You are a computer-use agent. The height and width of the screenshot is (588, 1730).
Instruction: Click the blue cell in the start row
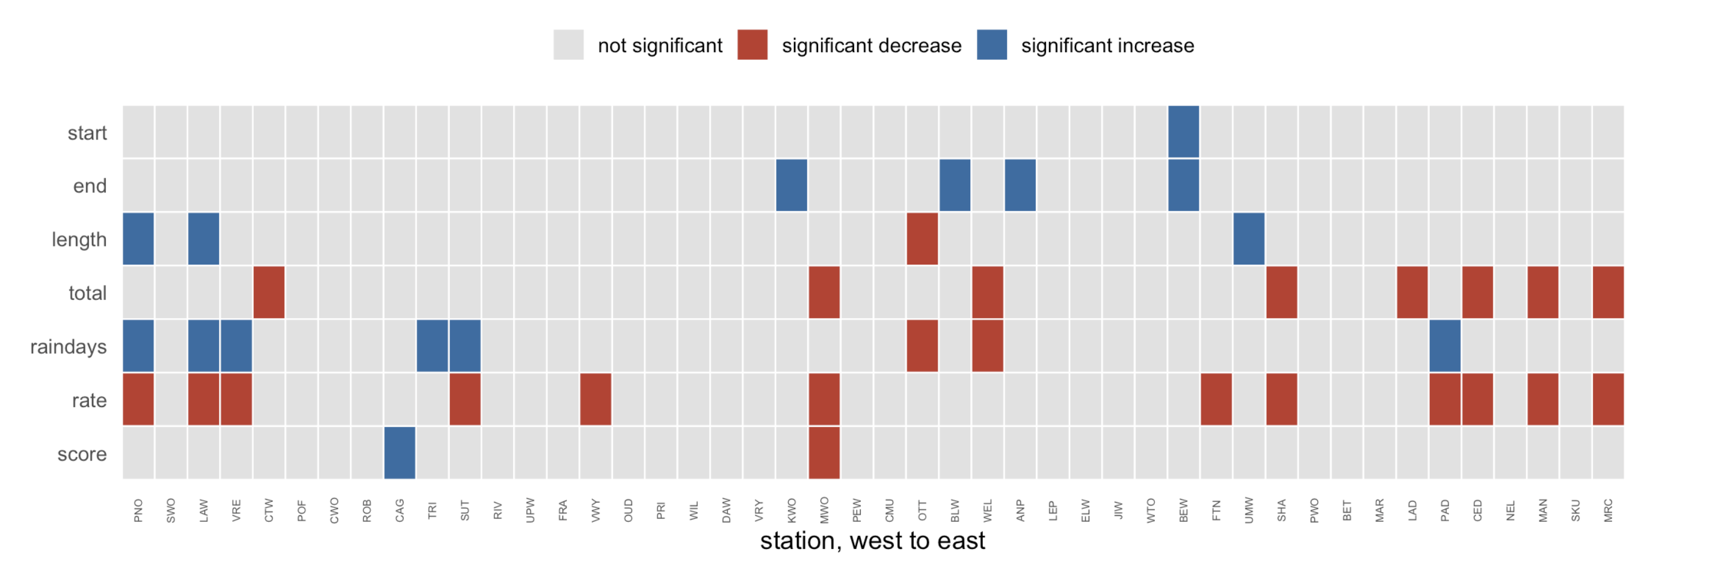1183,132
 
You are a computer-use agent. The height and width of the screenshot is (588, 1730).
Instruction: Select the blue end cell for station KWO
791,185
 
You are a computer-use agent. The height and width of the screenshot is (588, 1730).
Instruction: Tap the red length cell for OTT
922,239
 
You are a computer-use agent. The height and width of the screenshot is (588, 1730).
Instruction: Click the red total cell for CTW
269,292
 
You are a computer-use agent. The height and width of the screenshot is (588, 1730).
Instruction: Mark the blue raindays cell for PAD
1445,346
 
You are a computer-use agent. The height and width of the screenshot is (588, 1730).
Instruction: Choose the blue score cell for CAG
399,453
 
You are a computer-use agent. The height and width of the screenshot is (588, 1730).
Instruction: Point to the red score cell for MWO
824,453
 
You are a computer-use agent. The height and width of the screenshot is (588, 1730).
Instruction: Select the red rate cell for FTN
1216,399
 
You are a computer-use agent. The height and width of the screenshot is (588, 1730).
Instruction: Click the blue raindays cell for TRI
432,346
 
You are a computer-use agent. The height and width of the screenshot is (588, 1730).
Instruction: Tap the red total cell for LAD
1412,292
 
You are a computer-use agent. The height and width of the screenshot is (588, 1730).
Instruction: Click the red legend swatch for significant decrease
752,45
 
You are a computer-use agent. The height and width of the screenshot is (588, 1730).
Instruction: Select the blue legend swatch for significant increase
992,45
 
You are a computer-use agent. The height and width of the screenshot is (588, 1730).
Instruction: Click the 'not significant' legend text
660,46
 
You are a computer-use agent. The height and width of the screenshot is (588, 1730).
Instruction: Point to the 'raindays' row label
69,347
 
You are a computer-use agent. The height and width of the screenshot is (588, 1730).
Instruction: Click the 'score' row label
82,455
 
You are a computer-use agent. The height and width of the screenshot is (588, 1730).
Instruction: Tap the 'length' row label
79,240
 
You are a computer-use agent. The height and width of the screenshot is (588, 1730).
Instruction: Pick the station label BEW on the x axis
1183,510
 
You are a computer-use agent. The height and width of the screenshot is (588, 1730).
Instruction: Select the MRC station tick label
1608,510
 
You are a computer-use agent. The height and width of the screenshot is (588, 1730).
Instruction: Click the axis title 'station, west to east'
872,541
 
